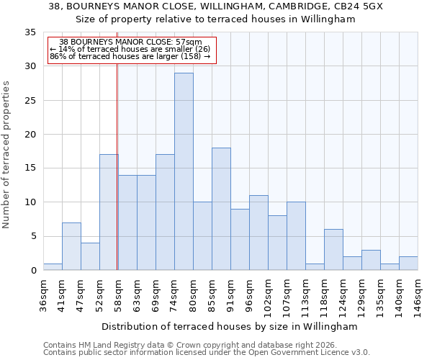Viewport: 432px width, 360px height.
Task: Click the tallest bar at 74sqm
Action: tap(184, 171)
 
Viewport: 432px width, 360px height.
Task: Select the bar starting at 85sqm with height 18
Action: tap(221, 209)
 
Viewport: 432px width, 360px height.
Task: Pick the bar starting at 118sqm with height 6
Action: tap(333, 249)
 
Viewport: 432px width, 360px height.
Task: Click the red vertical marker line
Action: tap(117, 166)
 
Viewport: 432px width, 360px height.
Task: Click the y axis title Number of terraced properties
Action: tap(7, 154)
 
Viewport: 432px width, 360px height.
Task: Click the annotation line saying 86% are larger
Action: tap(130, 56)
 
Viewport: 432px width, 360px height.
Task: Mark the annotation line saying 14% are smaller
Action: tap(130, 49)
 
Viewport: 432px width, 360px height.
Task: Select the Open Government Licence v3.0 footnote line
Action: tap(207, 352)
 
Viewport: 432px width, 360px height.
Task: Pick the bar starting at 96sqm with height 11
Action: tap(258, 233)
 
